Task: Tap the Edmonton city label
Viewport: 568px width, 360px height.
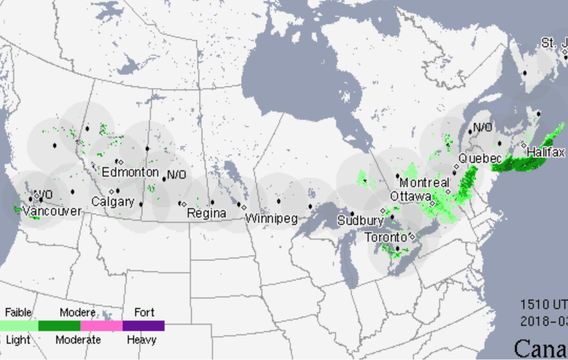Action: (x=130, y=172)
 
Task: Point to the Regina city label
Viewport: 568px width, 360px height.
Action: (x=206, y=213)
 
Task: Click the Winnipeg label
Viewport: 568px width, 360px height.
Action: (x=271, y=218)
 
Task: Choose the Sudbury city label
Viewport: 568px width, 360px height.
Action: (x=360, y=220)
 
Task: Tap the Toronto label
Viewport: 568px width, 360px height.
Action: (x=387, y=237)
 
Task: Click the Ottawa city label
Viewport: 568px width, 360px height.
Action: (x=411, y=197)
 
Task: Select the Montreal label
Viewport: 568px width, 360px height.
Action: (x=424, y=183)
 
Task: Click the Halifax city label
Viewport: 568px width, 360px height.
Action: (x=546, y=152)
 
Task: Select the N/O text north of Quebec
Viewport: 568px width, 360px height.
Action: (x=482, y=127)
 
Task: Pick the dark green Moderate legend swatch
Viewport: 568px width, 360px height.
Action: (x=59, y=326)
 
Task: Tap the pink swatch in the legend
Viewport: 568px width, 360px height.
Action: (x=101, y=326)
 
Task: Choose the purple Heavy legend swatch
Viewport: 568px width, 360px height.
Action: (x=143, y=326)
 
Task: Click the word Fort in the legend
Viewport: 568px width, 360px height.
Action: (x=144, y=313)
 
